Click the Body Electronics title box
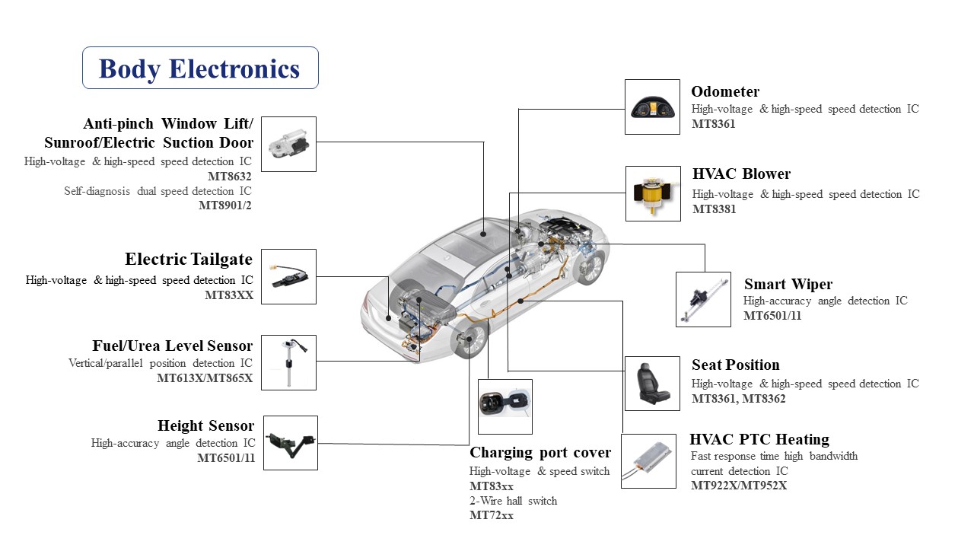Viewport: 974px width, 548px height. pos(200,68)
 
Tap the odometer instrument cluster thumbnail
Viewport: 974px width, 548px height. pos(652,107)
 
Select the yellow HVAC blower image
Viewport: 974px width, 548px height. pos(653,194)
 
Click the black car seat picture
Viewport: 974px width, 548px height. pos(652,384)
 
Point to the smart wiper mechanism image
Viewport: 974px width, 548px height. pos(703,300)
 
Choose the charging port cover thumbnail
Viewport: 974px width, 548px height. pos(505,406)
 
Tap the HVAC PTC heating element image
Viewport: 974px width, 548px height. pos(648,461)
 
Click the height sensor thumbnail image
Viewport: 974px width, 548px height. pos(289,443)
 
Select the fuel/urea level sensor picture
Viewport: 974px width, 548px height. pos(288,362)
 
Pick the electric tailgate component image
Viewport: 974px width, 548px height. pos(288,276)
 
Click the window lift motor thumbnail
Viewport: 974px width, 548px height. pos(288,144)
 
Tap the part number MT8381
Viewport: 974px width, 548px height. pos(714,209)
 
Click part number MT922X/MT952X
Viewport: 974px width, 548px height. pos(738,486)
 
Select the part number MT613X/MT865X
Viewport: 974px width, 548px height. pos(205,378)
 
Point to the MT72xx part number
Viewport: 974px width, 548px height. pos(491,515)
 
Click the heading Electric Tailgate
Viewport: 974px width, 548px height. pos(189,260)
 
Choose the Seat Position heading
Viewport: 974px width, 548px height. pos(735,365)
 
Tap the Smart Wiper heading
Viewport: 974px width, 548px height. pos(788,285)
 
